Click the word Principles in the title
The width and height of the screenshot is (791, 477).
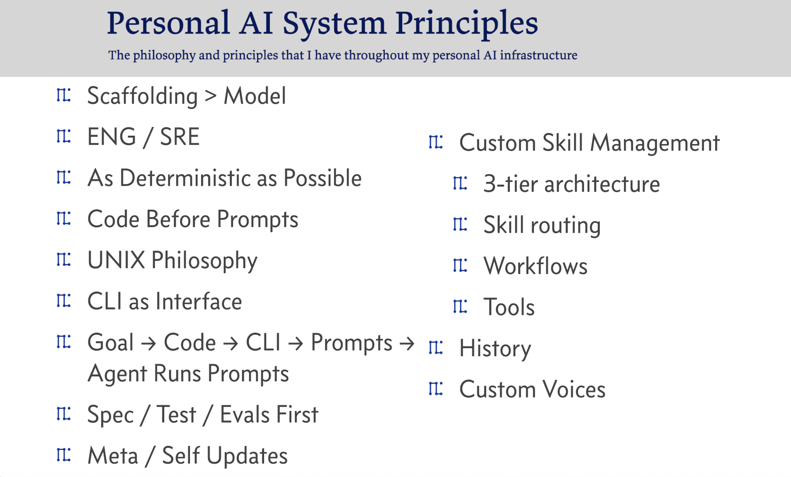click(x=467, y=24)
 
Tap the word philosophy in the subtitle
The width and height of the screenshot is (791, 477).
click(x=164, y=56)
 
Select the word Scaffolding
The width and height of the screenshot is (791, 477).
click(x=142, y=96)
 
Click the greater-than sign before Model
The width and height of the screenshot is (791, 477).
click(x=211, y=96)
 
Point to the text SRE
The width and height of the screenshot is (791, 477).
click(x=180, y=137)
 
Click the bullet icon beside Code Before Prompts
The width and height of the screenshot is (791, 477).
click(x=64, y=218)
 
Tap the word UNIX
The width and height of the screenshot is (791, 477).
click(x=116, y=260)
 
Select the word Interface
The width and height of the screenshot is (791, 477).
click(x=199, y=301)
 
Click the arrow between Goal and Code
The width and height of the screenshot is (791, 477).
click(x=149, y=343)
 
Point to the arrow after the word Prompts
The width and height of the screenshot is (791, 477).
click(x=407, y=343)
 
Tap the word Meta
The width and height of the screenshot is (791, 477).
click(x=113, y=455)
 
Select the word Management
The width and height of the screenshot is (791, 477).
click(x=655, y=143)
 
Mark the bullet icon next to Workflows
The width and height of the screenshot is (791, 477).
click(x=460, y=265)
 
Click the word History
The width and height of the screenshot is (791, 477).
click(x=495, y=349)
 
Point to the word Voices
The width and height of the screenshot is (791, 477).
click(x=574, y=390)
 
